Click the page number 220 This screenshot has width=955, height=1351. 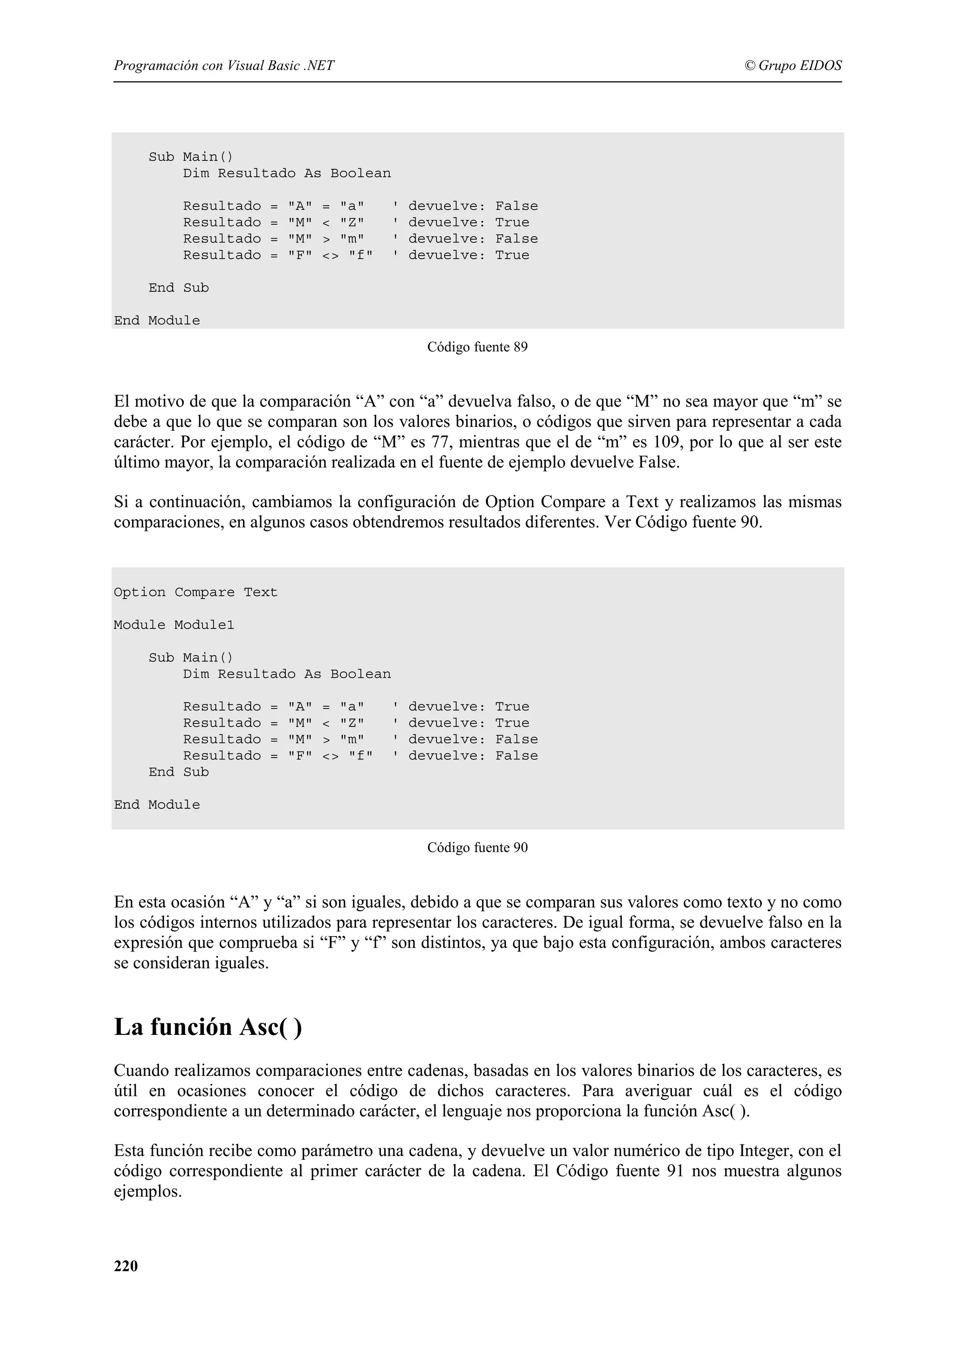pyautogui.click(x=126, y=1266)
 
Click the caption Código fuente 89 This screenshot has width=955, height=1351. pyautogui.click(x=477, y=347)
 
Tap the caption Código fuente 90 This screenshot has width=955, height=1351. pyautogui.click(x=477, y=848)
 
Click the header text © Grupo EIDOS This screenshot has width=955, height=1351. pyautogui.click(x=793, y=65)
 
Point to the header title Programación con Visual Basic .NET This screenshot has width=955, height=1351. pyautogui.click(x=224, y=65)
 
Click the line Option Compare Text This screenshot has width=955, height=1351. pyautogui.click(x=195, y=592)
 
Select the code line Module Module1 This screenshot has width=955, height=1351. pyautogui.click(x=174, y=625)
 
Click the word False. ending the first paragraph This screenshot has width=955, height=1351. pyautogui.click(x=658, y=462)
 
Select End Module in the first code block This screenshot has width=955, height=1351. pyautogui.click(x=157, y=321)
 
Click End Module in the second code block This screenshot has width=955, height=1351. pyautogui.click(x=157, y=805)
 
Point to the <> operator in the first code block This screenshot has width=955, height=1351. pyautogui.click(x=330, y=255)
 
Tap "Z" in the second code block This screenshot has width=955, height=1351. pyautogui.click(x=352, y=723)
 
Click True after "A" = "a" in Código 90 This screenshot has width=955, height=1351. pyautogui.click(x=512, y=707)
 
